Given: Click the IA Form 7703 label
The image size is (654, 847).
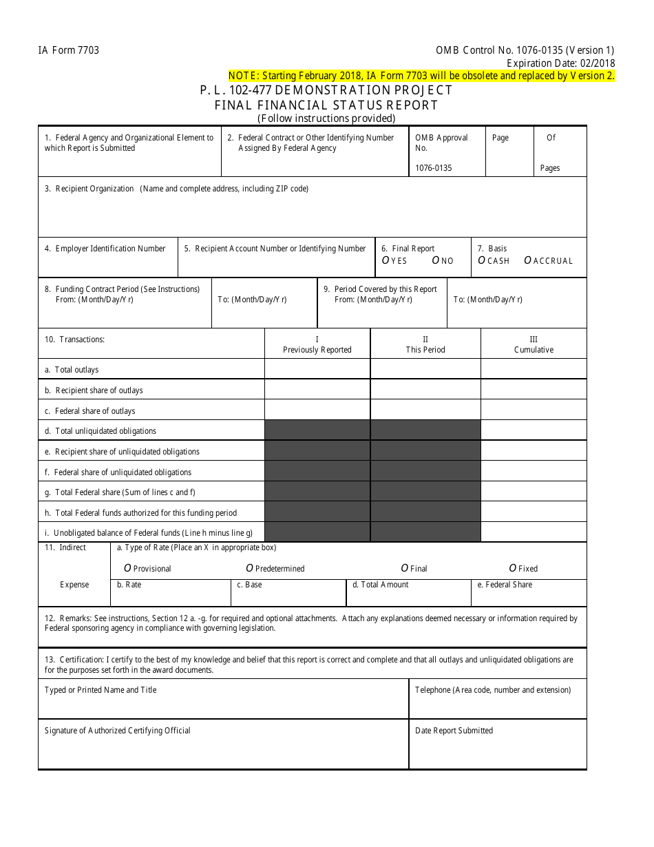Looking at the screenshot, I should pos(69,50).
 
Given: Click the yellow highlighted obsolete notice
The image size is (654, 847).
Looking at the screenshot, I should pos(421,76).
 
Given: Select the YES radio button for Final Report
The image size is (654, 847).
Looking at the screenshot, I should pos(386,260).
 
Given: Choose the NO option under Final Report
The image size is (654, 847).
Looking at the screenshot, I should pos(436,260).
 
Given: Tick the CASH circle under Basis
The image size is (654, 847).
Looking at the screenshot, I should pos(481,260).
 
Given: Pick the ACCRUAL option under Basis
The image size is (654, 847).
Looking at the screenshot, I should pos(527,260).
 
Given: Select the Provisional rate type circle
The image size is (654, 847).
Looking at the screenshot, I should pos(127,568).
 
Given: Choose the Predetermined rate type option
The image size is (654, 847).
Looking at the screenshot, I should pos(250,568).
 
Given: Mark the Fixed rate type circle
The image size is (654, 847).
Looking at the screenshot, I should pos(513,568).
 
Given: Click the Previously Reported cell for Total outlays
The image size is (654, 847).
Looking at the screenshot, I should pos(317,370).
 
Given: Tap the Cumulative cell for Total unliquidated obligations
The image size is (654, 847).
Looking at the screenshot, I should pos(534,431).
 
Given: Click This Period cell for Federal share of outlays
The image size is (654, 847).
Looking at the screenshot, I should pos(425,411).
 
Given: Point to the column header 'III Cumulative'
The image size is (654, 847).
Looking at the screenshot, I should pos(534,344).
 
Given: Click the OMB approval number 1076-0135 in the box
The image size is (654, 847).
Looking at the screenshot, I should pos(434,168).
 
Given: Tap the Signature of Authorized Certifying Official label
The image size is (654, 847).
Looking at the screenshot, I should pos(118,731).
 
